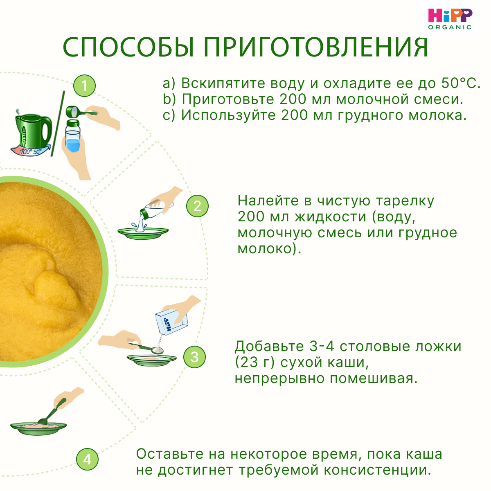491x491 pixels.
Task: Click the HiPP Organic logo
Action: [450, 19]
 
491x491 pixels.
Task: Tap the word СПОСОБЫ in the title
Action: [129, 47]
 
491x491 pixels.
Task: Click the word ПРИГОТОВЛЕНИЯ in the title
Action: [316, 47]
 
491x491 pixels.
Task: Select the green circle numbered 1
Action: [84, 86]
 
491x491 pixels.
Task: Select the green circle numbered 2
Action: [197, 206]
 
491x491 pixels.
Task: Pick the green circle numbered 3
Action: [194, 357]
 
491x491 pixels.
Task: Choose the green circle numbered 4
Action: [87, 459]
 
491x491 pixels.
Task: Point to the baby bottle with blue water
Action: [73, 137]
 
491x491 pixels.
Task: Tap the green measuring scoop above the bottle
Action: [78, 111]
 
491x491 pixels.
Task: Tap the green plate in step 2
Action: [143, 232]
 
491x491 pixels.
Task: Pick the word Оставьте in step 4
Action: [170, 454]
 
